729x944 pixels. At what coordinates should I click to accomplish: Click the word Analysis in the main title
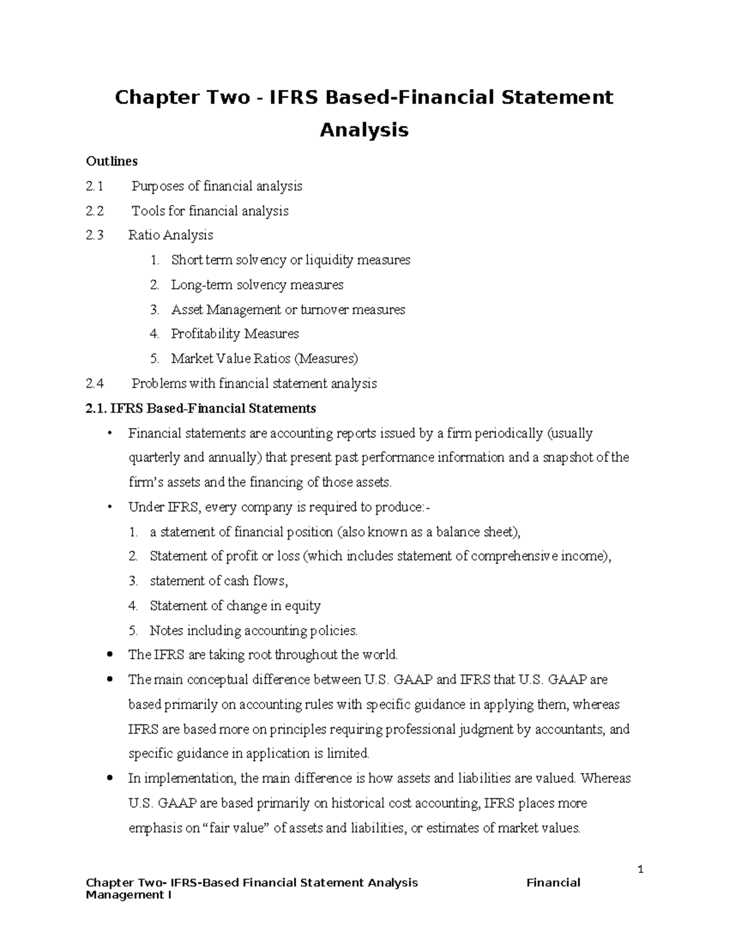364,130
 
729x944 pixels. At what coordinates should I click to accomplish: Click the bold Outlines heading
112,161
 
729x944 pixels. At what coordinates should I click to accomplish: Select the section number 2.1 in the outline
95,186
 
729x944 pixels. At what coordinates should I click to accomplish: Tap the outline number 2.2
95,211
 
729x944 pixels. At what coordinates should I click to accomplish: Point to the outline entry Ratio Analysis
171,235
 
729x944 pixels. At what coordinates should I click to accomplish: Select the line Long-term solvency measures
257,285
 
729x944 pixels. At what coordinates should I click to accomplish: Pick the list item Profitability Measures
234,334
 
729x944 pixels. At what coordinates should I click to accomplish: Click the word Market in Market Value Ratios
192,359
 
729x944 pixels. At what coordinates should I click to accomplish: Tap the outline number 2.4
95,384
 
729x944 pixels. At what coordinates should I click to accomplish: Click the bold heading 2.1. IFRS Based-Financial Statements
201,408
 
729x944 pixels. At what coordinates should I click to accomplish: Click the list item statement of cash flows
219,581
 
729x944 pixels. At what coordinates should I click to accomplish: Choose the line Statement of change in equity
235,606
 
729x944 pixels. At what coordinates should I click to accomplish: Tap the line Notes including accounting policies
253,631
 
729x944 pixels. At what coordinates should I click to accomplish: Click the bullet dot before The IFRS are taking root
109,655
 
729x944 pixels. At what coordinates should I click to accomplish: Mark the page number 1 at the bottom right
640,870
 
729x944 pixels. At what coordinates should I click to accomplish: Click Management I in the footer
129,895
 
